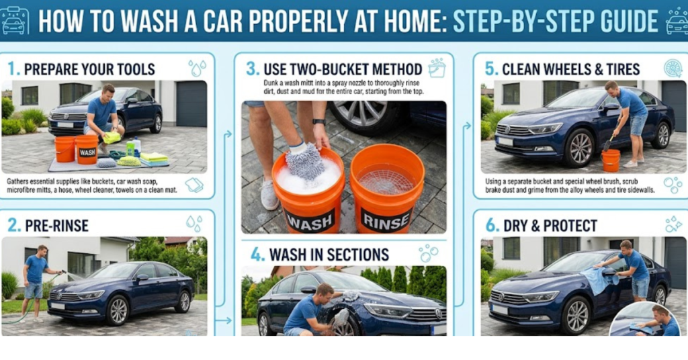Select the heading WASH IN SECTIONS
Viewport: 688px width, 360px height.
coord(329,255)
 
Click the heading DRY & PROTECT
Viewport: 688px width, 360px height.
coord(552,225)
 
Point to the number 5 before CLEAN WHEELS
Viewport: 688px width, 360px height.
coord(490,69)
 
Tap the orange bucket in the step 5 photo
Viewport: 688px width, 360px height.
coord(610,160)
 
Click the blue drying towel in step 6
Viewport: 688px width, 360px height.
coord(599,279)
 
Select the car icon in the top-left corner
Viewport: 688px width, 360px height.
coord(15,21)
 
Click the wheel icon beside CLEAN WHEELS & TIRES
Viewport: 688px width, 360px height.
coord(672,69)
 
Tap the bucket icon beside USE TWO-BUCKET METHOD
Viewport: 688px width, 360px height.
coord(437,68)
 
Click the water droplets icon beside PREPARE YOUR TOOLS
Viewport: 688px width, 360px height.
coord(197,69)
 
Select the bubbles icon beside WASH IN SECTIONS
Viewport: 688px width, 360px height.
coord(428,254)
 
